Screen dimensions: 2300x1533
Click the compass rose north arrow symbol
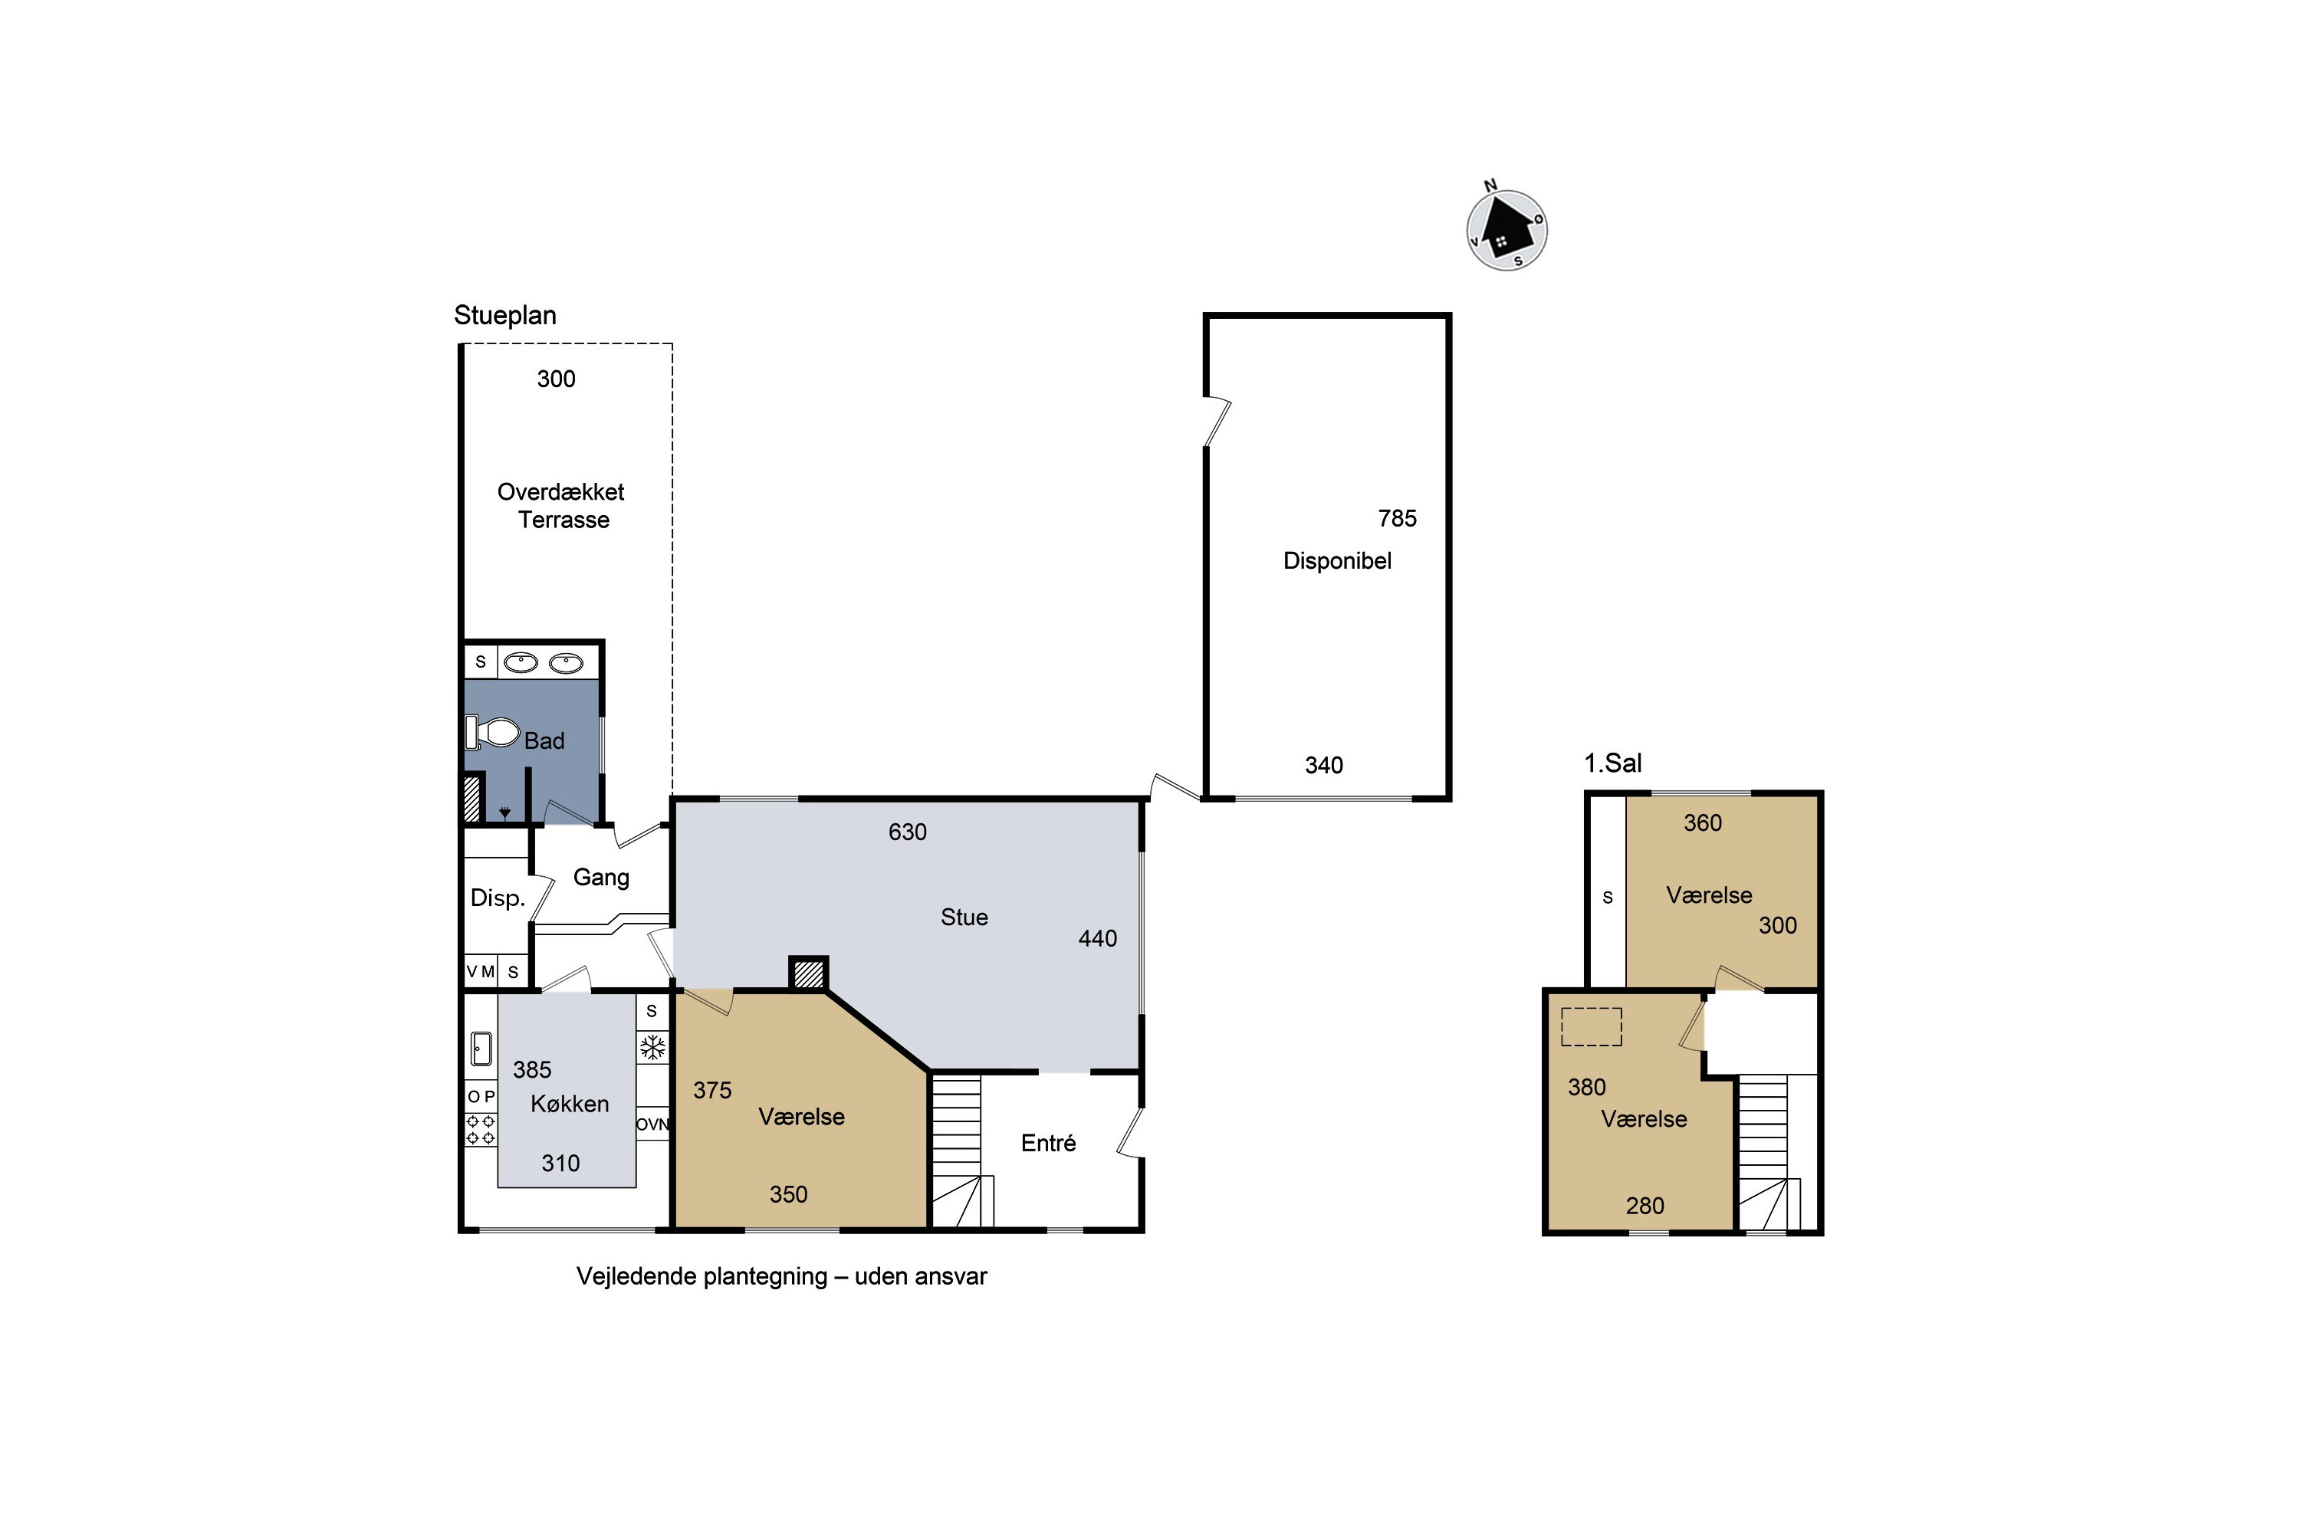coord(1507,230)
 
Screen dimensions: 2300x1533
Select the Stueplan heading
coord(504,316)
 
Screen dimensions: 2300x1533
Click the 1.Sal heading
coord(1612,763)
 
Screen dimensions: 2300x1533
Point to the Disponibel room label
coord(1337,561)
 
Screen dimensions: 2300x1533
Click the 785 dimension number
coord(1398,519)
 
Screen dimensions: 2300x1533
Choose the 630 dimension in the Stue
coord(908,832)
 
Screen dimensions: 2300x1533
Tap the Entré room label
coord(1048,1143)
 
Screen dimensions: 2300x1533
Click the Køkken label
coord(570,1104)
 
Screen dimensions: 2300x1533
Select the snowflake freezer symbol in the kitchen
coord(652,1048)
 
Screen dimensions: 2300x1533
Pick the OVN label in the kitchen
coord(652,1124)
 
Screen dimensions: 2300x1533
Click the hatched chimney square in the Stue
coord(809,973)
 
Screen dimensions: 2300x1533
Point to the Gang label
coord(601,878)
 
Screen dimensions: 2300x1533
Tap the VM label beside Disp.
coord(480,972)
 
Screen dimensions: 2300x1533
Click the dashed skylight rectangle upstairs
coord(1591,1026)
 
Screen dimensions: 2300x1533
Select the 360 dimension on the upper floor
coord(1703,823)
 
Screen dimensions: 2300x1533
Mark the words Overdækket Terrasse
coord(561,505)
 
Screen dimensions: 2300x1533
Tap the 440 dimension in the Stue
coord(1097,938)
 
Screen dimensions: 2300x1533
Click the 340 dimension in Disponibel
coord(1324,766)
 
